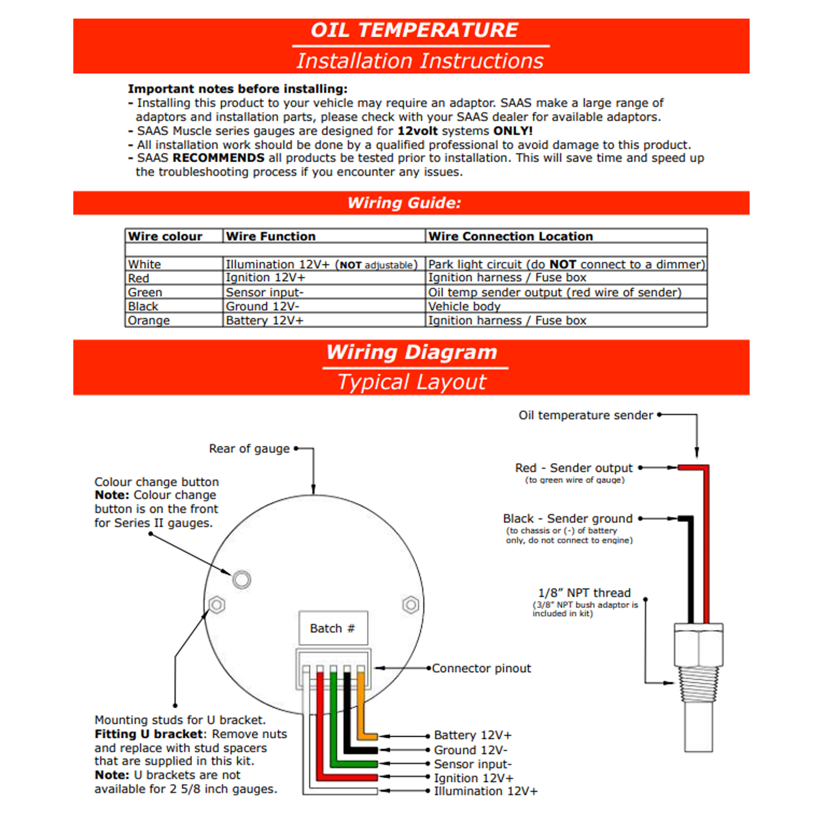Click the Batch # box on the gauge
(x=333, y=628)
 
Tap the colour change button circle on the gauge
(x=242, y=579)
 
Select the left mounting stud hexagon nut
(x=217, y=605)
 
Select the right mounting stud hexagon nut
(x=410, y=605)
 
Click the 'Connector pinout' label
(x=481, y=669)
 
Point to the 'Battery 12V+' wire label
(x=473, y=735)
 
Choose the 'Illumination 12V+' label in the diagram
(x=486, y=791)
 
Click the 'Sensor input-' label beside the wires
(x=473, y=764)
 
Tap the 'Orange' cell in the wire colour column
(x=149, y=321)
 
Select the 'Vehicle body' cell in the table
(x=465, y=307)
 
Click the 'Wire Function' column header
(x=271, y=236)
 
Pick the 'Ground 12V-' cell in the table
(x=263, y=307)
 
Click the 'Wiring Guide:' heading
(x=404, y=203)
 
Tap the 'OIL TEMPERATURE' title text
(x=414, y=30)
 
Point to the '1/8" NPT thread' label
(x=584, y=593)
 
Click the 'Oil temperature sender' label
(x=586, y=416)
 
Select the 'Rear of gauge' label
(x=249, y=449)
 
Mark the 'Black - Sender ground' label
(x=568, y=518)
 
